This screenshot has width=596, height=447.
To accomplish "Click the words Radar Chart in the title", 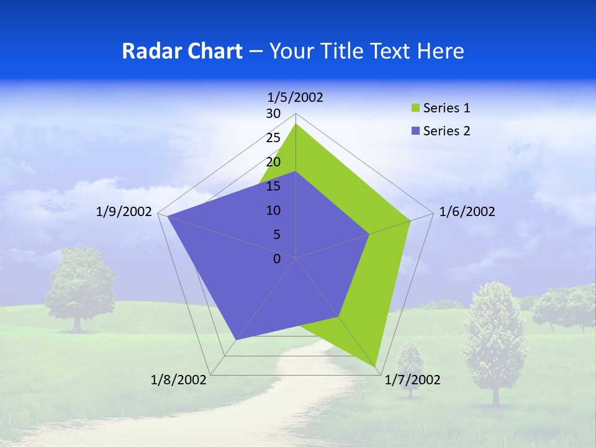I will (182, 51).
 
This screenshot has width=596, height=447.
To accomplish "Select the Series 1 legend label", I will (446, 108).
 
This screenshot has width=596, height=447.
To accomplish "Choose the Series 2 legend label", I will (446, 131).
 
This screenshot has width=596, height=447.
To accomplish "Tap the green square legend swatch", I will (415, 109).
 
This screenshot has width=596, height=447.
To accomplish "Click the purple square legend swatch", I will (415, 131).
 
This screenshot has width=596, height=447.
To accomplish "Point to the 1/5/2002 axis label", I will (296, 97).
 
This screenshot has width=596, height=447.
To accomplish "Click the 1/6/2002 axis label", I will (467, 212).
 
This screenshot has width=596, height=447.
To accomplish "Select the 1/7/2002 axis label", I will (412, 380).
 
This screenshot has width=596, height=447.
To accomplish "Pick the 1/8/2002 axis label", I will (179, 380).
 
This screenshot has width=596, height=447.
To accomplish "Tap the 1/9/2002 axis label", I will (124, 212).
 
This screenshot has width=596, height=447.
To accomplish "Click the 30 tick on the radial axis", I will (273, 114).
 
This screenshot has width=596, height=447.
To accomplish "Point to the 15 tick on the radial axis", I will (273, 186).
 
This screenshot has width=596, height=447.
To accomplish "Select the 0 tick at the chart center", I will (277, 259).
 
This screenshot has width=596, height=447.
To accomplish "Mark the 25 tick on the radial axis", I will (273, 138).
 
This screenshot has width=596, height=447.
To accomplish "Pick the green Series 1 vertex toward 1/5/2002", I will (296, 124).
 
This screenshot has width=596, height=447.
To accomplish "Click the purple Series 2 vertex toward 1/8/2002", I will (236, 340).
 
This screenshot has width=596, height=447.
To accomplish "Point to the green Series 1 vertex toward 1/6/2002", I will (410, 220).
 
